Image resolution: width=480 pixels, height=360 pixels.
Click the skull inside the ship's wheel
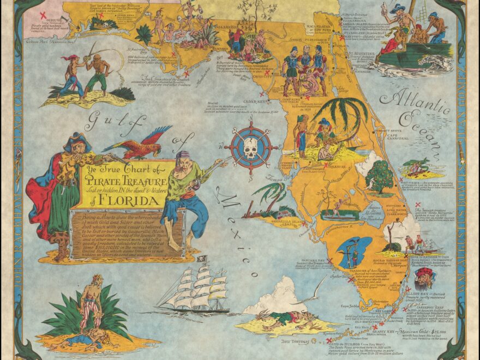click(250, 147)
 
